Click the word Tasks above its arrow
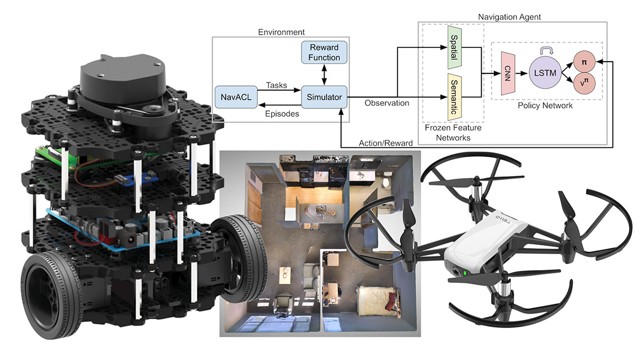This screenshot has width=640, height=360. tap(276, 85)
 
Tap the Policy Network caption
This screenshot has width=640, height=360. tap(544, 105)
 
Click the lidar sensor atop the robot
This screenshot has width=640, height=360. tap(122, 77)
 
